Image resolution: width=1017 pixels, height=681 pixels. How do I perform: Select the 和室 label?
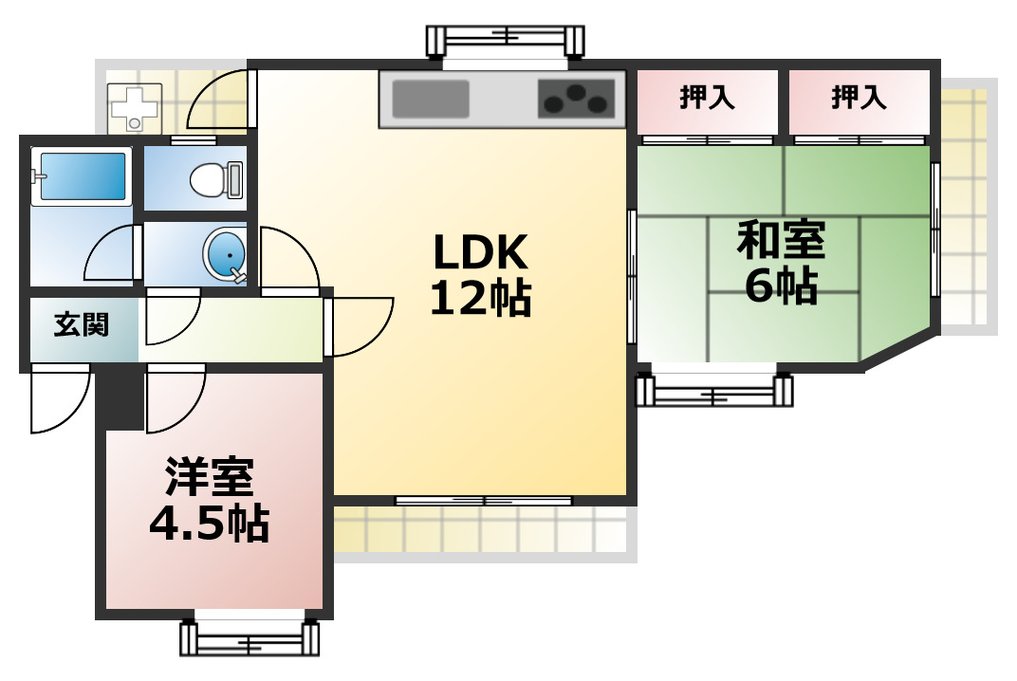pos(781,241)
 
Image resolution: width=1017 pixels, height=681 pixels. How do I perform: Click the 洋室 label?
pos(210,477)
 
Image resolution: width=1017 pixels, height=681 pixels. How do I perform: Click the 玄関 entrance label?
pos(81,325)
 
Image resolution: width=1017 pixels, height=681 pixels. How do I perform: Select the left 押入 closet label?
pos(707,98)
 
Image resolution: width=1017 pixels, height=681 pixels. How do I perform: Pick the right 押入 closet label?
pos(859,98)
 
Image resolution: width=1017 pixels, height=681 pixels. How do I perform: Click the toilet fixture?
pos(216,178)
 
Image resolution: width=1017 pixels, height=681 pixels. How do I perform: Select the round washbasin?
pos(225,256)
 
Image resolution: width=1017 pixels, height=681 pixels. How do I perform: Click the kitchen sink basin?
pos(431,99)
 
